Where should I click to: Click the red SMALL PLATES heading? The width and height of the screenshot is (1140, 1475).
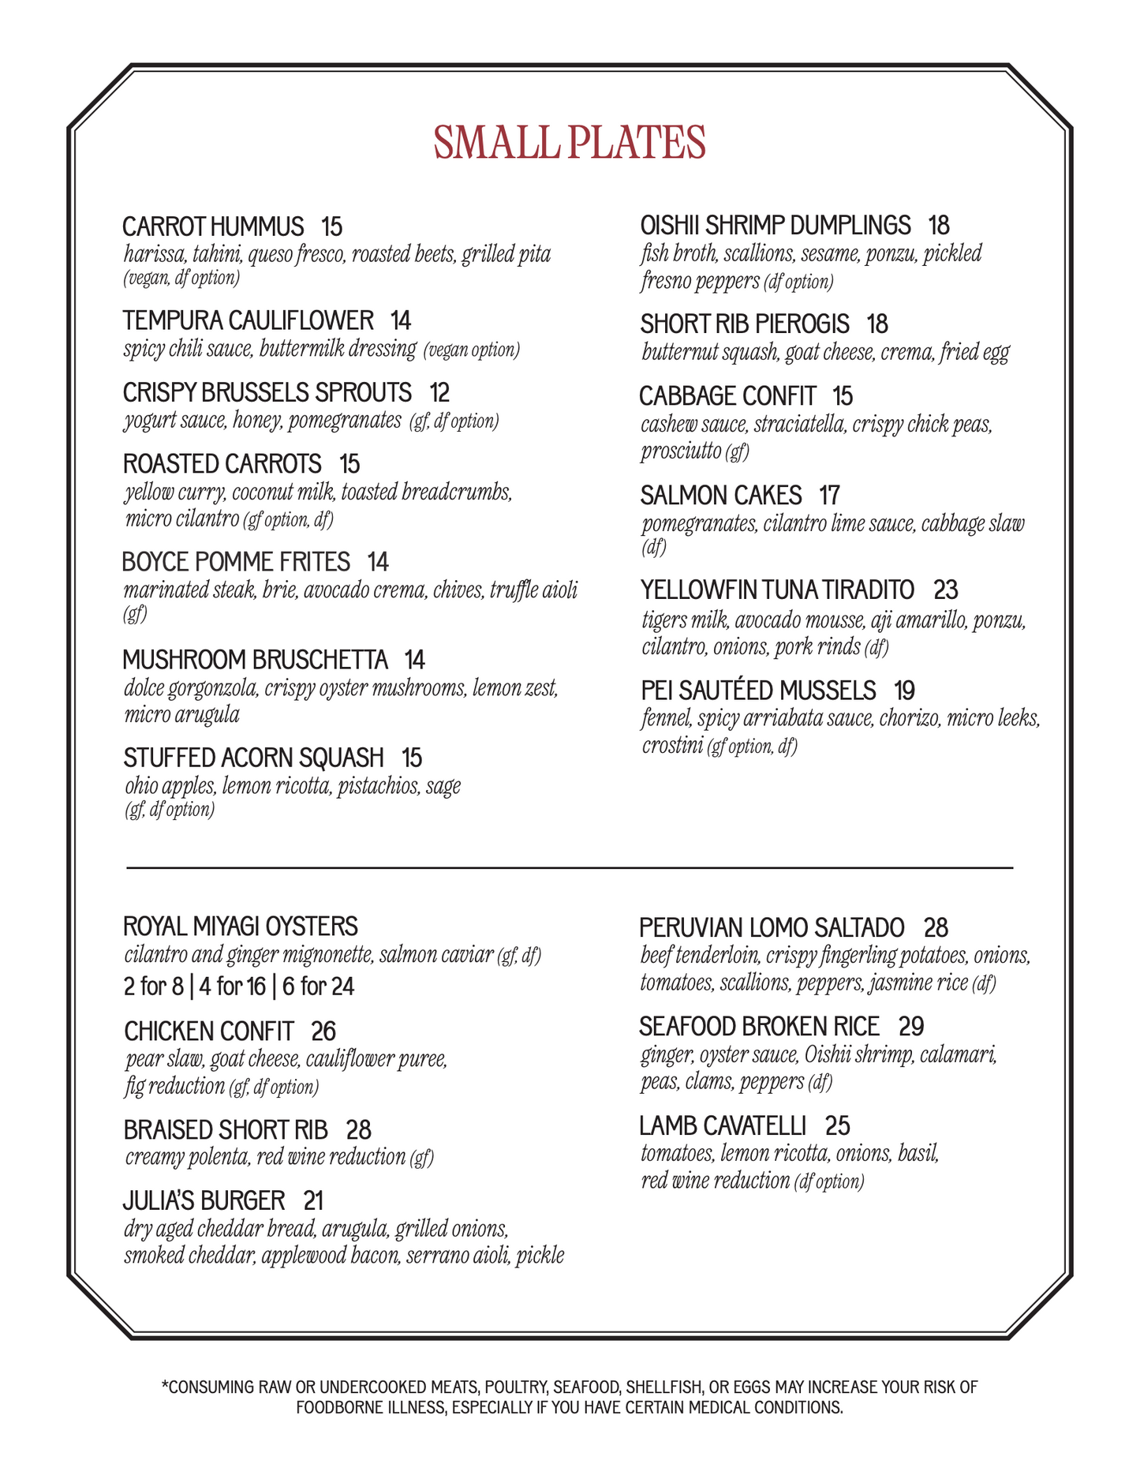point(569,143)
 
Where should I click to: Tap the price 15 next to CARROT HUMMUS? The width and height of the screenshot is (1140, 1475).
point(331,226)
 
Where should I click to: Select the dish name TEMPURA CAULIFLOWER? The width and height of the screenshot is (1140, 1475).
point(248,320)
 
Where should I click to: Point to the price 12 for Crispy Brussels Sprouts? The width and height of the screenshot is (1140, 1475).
point(439,392)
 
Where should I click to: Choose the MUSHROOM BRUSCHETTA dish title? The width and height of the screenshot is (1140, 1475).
point(255,659)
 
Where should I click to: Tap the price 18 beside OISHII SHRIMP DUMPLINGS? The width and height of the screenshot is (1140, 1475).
point(938,226)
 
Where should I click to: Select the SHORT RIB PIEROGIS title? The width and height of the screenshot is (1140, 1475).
point(745,324)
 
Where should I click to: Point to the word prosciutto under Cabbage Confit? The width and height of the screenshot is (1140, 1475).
point(681,451)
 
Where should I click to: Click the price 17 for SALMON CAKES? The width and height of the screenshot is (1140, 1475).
point(829,496)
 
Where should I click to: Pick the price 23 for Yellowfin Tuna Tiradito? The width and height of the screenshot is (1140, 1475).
point(945,590)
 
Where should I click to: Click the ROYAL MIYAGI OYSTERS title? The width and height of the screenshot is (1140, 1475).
point(241,926)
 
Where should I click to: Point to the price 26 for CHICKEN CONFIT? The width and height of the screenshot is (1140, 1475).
point(323,1031)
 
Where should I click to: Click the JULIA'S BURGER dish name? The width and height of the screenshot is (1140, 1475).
point(204,1200)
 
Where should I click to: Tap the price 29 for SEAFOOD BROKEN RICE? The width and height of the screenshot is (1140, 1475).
point(911,1026)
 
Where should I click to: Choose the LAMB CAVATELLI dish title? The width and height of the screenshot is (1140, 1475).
point(723,1125)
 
